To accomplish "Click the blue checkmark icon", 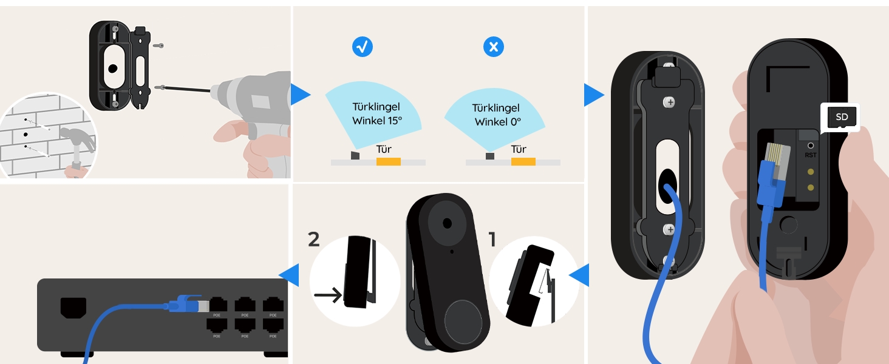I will [x=363, y=47].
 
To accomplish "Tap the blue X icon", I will [x=493, y=47].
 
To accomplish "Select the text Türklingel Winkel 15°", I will [x=377, y=113].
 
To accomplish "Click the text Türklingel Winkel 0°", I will [x=497, y=115].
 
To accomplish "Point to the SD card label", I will [x=841, y=117].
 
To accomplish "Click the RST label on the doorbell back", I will [x=810, y=155].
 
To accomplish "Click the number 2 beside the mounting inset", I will [x=313, y=240].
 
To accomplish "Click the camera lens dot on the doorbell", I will [x=447, y=223].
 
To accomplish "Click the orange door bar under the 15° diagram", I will [x=388, y=162].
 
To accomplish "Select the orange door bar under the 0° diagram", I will [x=523, y=162].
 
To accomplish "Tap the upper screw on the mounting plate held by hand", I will [x=670, y=103].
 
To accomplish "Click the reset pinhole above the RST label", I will [x=810, y=146].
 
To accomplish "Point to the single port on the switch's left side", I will [x=73, y=308].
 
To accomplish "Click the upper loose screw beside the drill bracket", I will [x=158, y=45].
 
